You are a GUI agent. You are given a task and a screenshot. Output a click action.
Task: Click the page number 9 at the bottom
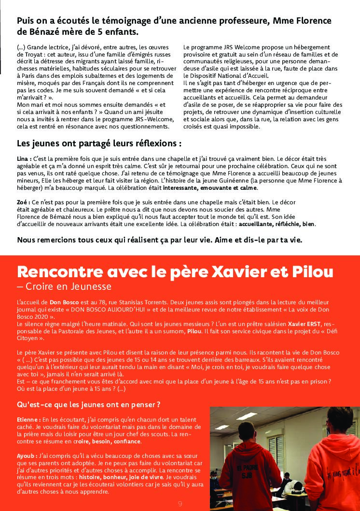coord(180,504)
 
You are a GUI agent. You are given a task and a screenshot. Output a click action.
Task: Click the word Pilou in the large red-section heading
coord(312,272)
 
